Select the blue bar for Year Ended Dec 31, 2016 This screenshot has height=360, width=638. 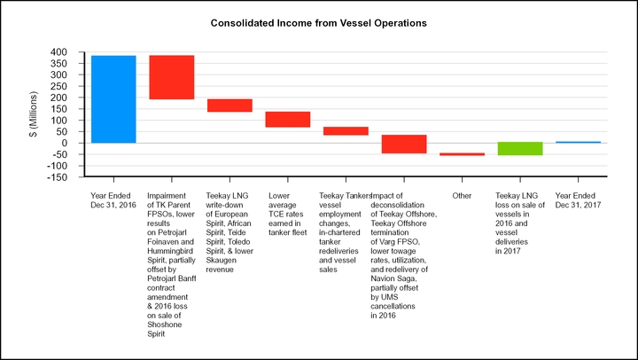pyautogui.click(x=113, y=98)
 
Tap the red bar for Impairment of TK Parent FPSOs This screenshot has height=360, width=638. pyautogui.click(x=172, y=77)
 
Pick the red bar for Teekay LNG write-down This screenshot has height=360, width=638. pyautogui.click(x=230, y=106)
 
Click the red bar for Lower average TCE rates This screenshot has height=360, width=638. pyautogui.click(x=288, y=120)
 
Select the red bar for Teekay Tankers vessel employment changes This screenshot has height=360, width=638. pyautogui.click(x=346, y=131)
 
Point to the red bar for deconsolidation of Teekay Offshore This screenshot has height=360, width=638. pyautogui.click(x=404, y=144)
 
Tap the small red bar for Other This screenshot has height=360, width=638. pyautogui.click(x=462, y=154)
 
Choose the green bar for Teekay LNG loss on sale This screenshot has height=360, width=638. pyautogui.click(x=520, y=148)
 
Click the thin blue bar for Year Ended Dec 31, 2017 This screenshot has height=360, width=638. pyautogui.click(x=578, y=142)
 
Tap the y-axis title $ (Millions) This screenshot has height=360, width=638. pyautogui.click(x=34, y=114)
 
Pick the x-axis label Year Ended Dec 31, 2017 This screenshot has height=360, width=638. pyautogui.click(x=577, y=200)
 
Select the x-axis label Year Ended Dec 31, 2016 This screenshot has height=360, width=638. pyautogui.click(x=113, y=200)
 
